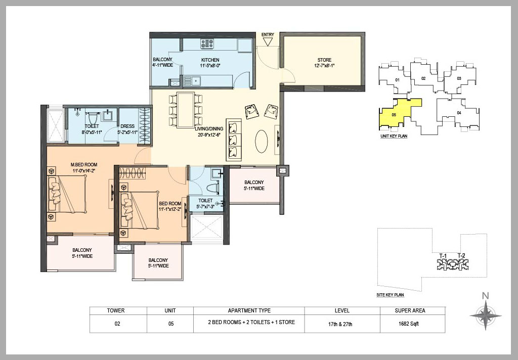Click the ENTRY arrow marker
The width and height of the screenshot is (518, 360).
click(268, 41)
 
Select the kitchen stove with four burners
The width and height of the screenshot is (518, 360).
click(207, 44)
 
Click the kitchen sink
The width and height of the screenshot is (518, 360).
click(192, 80)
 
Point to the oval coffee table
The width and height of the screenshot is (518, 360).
click(262, 141)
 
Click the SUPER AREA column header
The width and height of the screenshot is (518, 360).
click(412, 310)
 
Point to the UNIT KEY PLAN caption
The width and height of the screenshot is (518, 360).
click(394, 136)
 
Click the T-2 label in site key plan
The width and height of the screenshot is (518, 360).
click(461, 255)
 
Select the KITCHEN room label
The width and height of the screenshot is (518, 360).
click(210, 60)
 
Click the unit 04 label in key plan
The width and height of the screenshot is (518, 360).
click(459, 112)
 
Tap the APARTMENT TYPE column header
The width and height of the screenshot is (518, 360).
click(249, 310)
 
